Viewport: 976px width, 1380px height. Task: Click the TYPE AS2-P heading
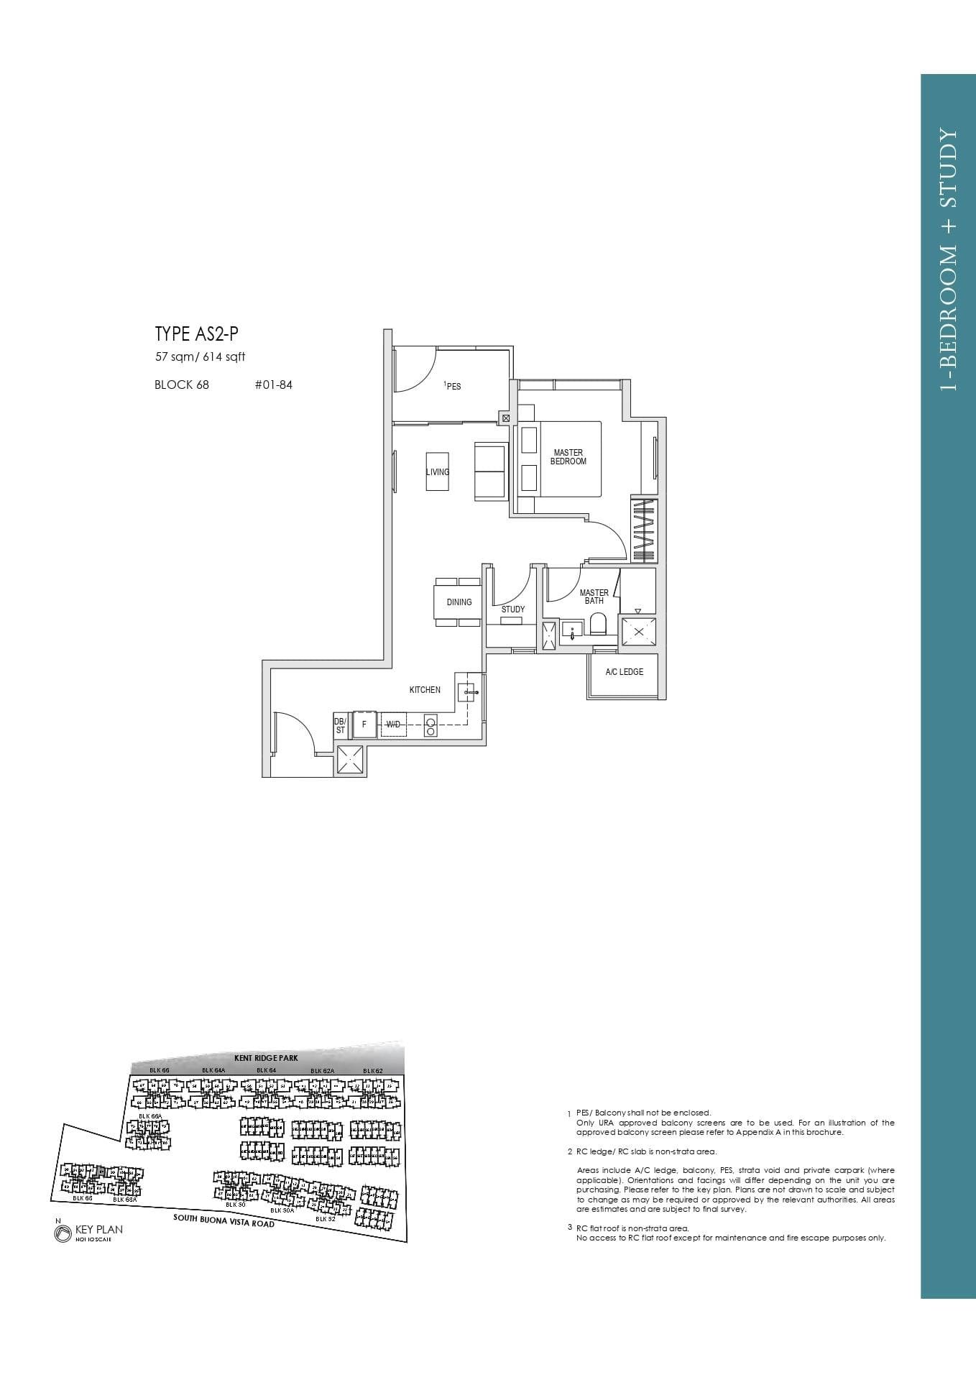[196, 334]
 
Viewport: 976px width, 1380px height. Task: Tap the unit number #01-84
[273, 385]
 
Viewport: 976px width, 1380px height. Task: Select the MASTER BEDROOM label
[568, 457]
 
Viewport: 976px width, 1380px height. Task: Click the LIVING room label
[437, 472]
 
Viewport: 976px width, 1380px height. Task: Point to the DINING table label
[459, 602]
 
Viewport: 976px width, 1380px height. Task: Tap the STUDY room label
[512, 609]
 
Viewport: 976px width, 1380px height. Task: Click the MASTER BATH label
[594, 597]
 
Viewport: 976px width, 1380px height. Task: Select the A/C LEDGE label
[624, 672]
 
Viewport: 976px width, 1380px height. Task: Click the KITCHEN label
[425, 690]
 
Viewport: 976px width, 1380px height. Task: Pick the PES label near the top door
[453, 387]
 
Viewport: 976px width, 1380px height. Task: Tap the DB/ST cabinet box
[340, 725]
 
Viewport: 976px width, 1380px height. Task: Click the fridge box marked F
[364, 724]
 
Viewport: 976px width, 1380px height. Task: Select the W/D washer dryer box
[393, 724]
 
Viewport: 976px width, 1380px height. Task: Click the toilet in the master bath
[598, 624]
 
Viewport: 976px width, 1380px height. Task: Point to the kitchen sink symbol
[467, 692]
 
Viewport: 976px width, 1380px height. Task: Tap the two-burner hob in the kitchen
[431, 726]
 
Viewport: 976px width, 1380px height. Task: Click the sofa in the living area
[491, 471]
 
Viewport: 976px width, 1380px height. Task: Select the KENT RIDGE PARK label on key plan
[265, 1058]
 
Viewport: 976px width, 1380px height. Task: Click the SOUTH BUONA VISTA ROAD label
[224, 1220]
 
